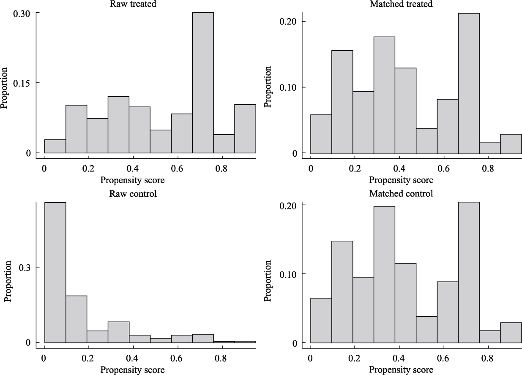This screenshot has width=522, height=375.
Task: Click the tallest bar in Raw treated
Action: point(203,82)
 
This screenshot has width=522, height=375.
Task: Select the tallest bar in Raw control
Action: point(55,272)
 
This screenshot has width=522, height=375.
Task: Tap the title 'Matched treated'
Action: point(396,4)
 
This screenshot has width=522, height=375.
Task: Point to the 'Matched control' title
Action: point(396,194)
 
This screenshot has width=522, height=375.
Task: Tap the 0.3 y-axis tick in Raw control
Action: point(25,267)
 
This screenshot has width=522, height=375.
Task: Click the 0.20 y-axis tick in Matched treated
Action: point(288,22)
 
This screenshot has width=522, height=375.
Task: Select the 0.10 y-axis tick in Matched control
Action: point(288,274)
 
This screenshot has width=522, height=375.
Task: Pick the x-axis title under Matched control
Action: point(401,370)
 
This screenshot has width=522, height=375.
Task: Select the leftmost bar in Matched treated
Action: point(321,134)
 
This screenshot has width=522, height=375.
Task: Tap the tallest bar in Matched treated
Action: point(469,83)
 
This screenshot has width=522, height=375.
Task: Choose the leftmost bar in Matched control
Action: point(321,321)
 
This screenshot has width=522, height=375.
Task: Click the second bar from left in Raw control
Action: point(76,319)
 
